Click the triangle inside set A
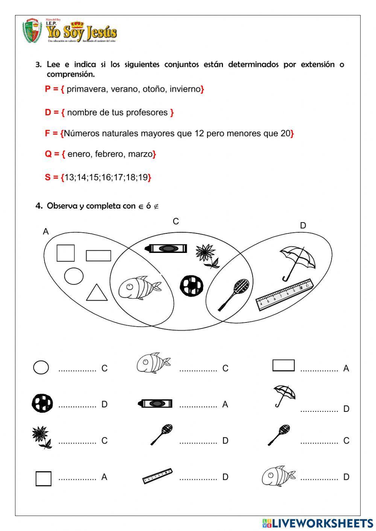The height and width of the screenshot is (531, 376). click(x=97, y=293)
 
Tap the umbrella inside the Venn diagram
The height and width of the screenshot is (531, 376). click(x=297, y=262)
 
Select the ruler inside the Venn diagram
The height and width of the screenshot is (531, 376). click(x=285, y=295)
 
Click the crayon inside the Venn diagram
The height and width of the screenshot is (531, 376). click(x=166, y=248)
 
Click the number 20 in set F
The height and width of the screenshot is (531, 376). click(x=285, y=133)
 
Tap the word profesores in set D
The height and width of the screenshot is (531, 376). click(x=147, y=113)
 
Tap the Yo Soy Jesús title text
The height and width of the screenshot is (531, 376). click(x=82, y=32)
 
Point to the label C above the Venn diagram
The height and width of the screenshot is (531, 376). click(x=176, y=222)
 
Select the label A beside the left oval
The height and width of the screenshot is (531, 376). click(x=46, y=231)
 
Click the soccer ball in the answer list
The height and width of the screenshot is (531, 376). click(x=42, y=403)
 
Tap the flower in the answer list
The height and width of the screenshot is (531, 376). click(x=41, y=437)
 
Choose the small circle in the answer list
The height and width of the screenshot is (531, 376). click(x=41, y=368)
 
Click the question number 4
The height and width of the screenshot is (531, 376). click(x=39, y=206)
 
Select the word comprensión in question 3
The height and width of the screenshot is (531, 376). click(x=70, y=74)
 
